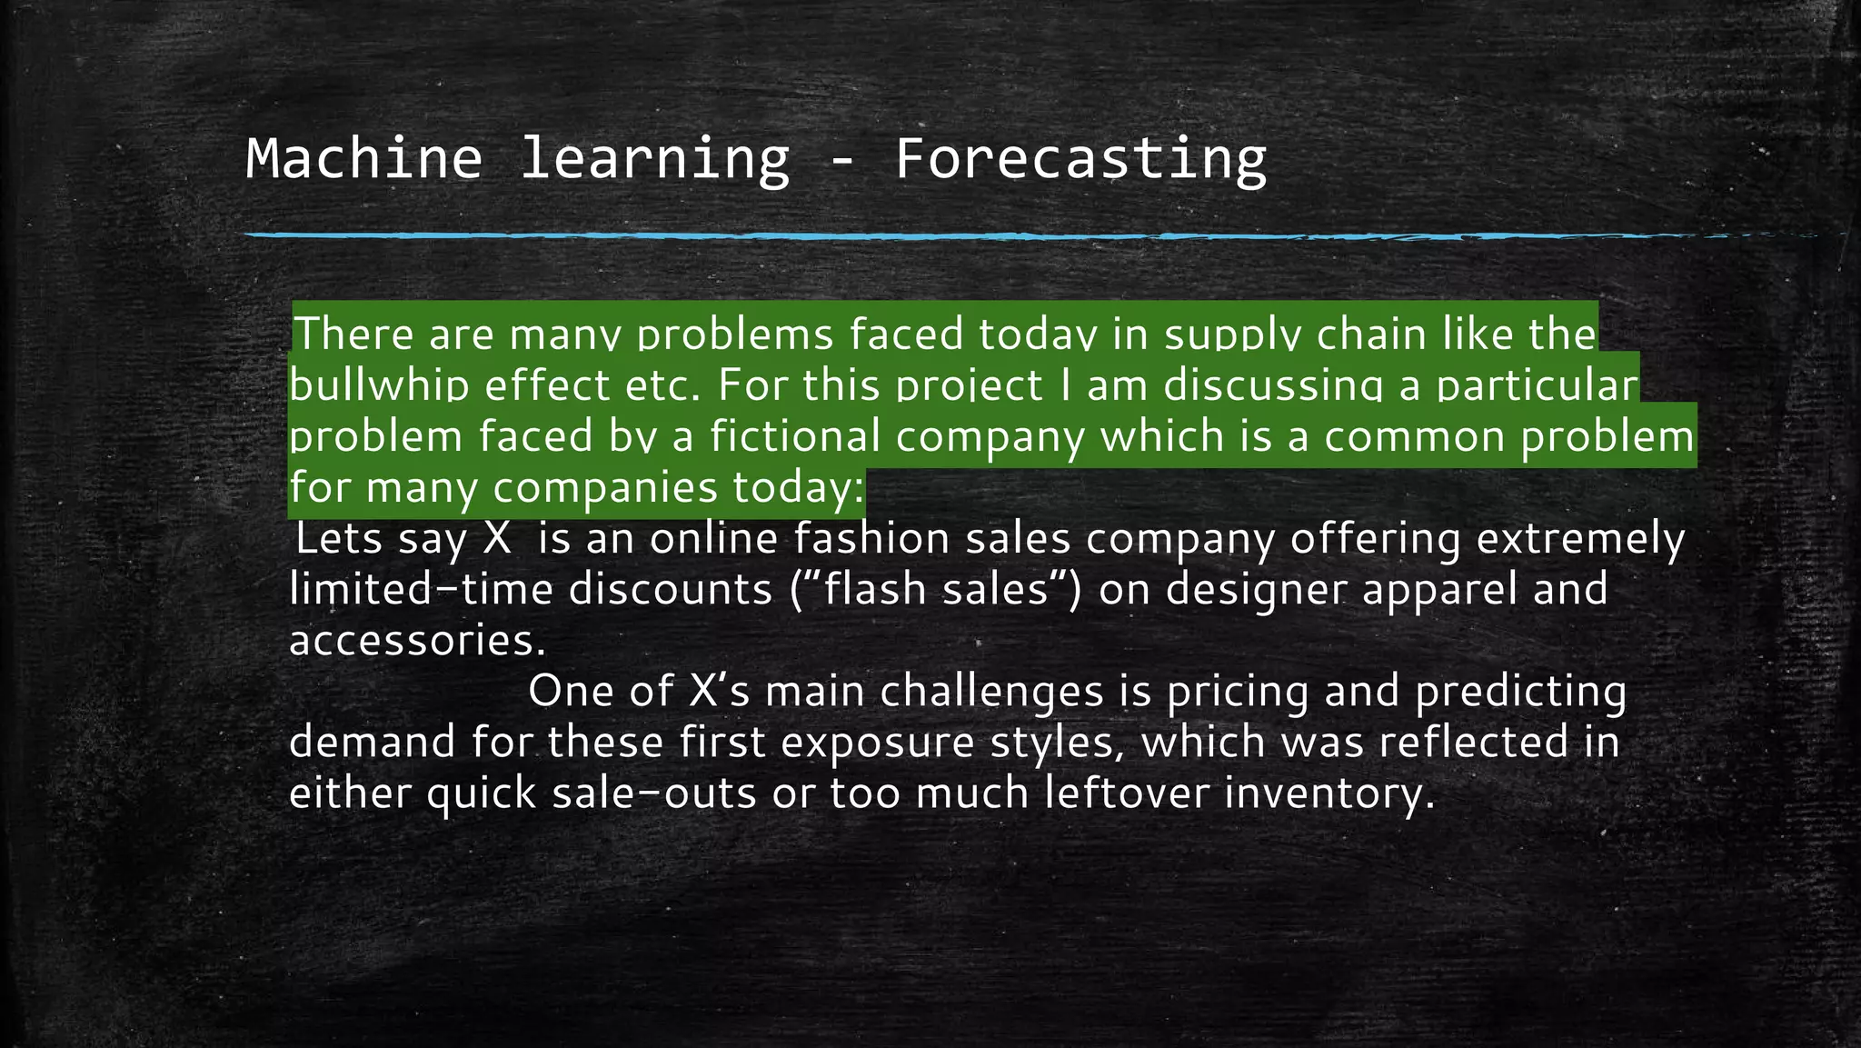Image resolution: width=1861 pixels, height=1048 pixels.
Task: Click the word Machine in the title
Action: tap(363, 158)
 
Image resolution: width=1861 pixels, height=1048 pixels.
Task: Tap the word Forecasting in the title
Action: tap(1080, 158)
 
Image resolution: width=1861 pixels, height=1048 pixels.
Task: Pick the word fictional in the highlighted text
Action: tap(795, 435)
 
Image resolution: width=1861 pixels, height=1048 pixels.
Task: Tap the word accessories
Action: tap(417, 640)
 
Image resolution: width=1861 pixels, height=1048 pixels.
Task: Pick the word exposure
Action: tap(877, 742)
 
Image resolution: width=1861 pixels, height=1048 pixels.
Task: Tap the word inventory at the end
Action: tap(1329, 793)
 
